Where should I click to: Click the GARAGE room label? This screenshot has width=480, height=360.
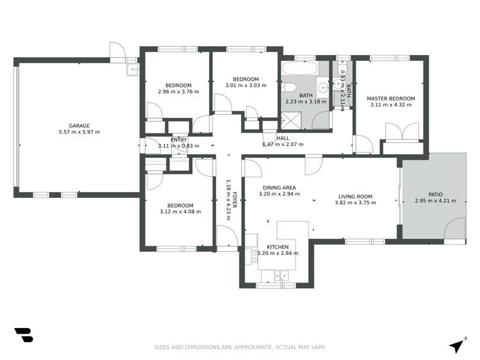pyautogui.click(x=79, y=126)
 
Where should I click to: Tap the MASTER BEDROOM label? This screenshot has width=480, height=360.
pyautogui.click(x=391, y=99)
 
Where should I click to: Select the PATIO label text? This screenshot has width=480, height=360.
pyautogui.click(x=435, y=195)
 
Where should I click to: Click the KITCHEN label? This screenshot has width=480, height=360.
pyautogui.click(x=277, y=247)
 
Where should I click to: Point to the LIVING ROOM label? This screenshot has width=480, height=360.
pyautogui.click(x=356, y=197)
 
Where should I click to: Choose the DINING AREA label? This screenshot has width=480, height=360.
pyautogui.click(x=279, y=188)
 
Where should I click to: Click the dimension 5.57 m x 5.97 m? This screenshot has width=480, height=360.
pyautogui.click(x=79, y=132)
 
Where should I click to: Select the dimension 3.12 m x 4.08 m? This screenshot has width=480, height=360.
pyautogui.click(x=180, y=211)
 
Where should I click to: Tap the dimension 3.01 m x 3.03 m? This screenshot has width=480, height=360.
pyautogui.click(x=246, y=85)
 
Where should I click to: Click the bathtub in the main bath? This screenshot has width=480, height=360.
pyautogui.click(x=299, y=68)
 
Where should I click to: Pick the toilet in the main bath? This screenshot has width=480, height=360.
pyautogui.click(x=288, y=88)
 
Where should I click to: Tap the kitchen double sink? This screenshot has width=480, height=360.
pyautogui.click(x=281, y=276)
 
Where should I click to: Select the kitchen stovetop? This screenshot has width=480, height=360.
pyautogui.click(x=254, y=256)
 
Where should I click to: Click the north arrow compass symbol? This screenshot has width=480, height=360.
pyautogui.click(x=458, y=346)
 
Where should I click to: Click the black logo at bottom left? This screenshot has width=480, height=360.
pyautogui.click(x=24, y=335)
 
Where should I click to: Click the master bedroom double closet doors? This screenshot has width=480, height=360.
pyautogui.click(x=402, y=131)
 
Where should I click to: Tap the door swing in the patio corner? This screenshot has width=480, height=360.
pyautogui.click(x=455, y=228)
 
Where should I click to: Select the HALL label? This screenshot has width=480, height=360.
pyautogui.click(x=283, y=138)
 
